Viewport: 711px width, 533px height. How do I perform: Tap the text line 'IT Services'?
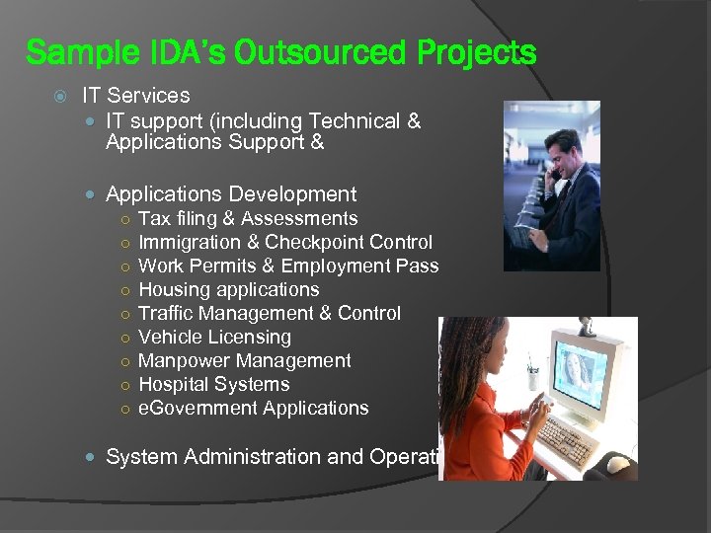click(x=136, y=96)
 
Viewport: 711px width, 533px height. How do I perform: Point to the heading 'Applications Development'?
click(x=231, y=194)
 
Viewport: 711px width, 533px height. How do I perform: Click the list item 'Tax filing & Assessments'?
click(x=248, y=219)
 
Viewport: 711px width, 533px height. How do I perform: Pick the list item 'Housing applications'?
click(x=229, y=290)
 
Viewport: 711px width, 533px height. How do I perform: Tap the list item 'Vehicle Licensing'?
click(x=214, y=338)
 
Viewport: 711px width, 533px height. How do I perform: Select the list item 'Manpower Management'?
click(x=245, y=361)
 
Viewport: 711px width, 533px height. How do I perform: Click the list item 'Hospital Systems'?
click(x=214, y=385)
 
